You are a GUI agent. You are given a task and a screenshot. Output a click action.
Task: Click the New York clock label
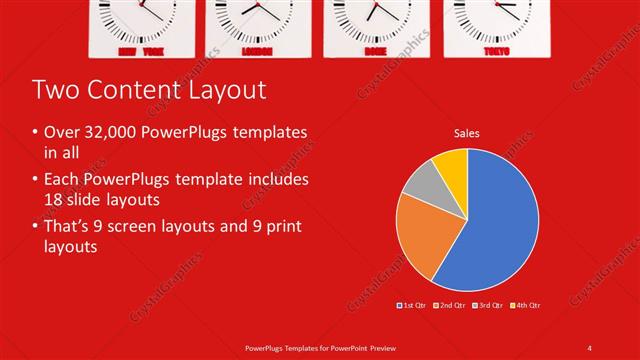pos(139,49)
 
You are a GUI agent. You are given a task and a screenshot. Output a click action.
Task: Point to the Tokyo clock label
pos(495,49)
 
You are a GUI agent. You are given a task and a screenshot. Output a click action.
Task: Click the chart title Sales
pos(466,132)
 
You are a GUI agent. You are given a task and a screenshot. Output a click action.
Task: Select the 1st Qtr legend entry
pos(412,304)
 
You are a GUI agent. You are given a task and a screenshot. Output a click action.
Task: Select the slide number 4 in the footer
pos(590,347)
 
